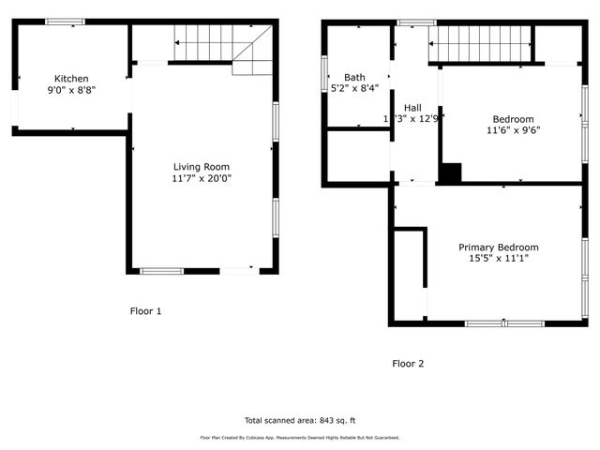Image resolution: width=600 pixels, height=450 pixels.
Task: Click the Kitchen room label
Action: point(71,79)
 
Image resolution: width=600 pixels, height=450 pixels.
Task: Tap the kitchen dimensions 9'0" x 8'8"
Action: point(71,91)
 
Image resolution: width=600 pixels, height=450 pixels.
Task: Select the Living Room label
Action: point(201,167)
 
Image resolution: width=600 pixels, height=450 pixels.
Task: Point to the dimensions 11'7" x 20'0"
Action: point(201,178)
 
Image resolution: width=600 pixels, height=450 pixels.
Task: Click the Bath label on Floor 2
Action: point(354,77)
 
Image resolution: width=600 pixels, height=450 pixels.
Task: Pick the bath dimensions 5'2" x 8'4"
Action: point(354,88)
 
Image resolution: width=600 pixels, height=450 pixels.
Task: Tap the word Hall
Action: point(413,107)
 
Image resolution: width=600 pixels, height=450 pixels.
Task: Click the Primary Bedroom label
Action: point(498,247)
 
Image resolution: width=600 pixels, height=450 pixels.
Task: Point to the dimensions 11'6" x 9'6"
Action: point(513,131)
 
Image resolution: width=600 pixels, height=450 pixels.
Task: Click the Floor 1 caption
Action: point(145,310)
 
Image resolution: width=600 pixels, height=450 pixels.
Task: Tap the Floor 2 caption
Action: point(408,363)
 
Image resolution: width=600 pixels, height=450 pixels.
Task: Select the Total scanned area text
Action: point(299,420)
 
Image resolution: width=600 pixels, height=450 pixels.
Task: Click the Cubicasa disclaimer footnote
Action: point(299,438)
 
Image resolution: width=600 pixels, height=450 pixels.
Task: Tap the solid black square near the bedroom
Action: point(452,173)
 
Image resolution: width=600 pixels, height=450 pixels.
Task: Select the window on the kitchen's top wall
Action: point(65,22)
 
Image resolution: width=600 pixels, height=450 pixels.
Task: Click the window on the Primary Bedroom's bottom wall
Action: point(504,323)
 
